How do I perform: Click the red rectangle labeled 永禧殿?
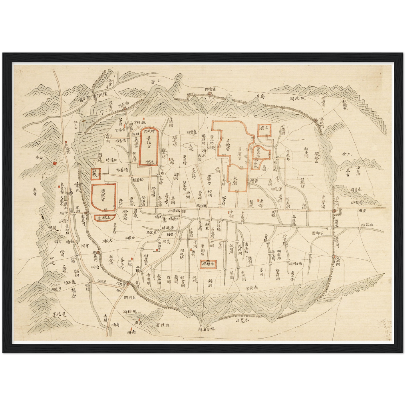208,264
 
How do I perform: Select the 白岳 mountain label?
156,81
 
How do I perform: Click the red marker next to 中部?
228,212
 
